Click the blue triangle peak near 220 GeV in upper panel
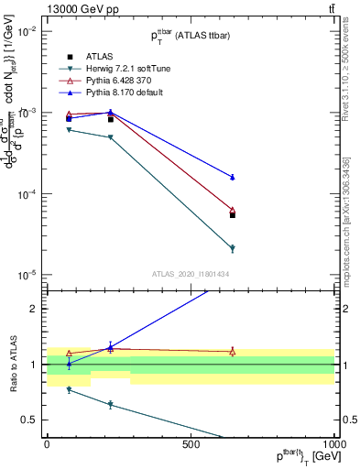pyautogui.click(x=111, y=112)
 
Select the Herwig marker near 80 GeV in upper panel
pyautogui.click(x=70, y=130)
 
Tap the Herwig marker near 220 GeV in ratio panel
pyautogui.click(x=111, y=404)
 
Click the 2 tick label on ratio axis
pyautogui.click(x=38, y=309)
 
